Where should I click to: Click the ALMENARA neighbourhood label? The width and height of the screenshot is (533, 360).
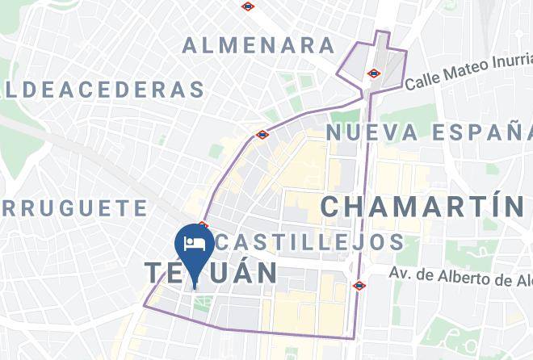(x=258, y=45)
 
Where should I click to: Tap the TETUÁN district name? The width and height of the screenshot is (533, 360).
(x=212, y=272)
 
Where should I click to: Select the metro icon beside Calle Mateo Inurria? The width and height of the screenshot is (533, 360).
(x=373, y=73)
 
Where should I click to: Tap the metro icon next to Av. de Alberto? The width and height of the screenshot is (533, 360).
(x=359, y=285)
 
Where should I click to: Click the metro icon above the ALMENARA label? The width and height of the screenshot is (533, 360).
(x=248, y=6)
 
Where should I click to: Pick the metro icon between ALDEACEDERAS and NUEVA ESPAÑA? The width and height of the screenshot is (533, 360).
(x=262, y=135)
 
